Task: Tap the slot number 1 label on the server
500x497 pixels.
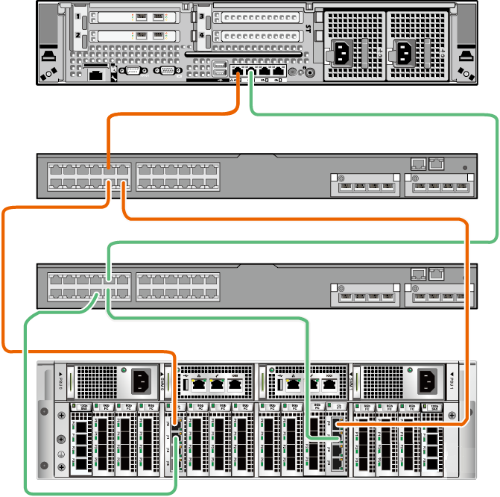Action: click(77, 16)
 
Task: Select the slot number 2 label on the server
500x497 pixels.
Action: click(77, 35)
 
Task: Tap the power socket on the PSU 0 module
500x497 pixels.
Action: click(142, 381)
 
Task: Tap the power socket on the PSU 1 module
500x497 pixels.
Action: click(428, 381)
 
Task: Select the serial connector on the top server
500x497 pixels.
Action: click(133, 71)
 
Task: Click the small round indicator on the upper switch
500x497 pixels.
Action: click(466, 168)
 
